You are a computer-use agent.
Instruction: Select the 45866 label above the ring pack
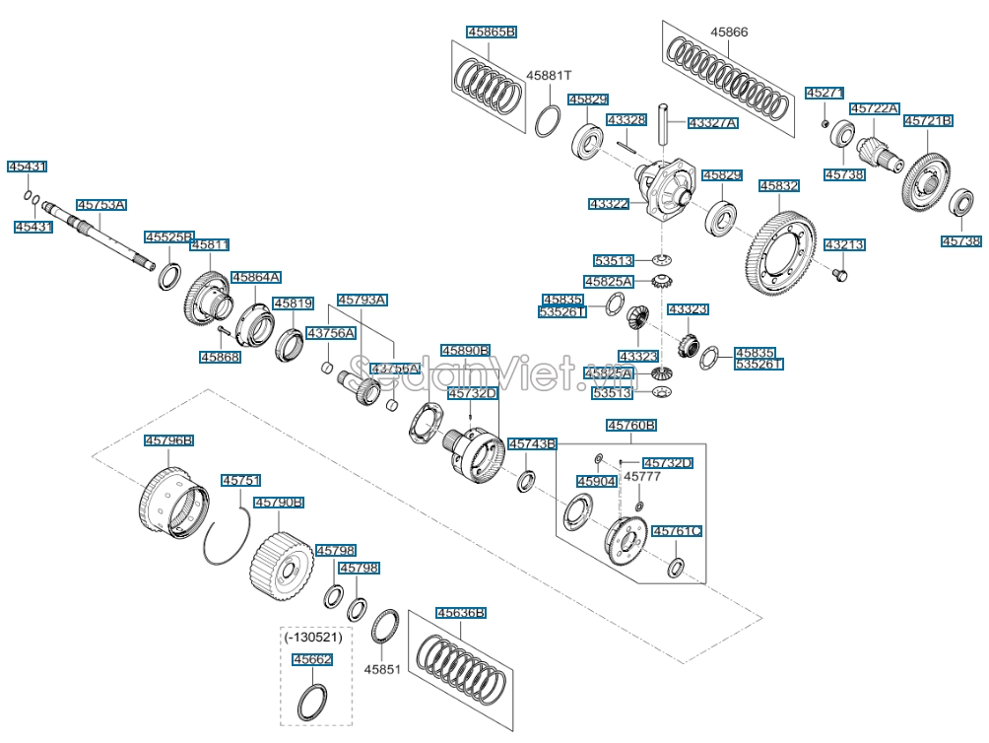point(729,32)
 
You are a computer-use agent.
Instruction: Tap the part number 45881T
point(549,75)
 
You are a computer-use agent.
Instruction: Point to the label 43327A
point(712,123)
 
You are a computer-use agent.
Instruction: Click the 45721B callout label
point(928,120)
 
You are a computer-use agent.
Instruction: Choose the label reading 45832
point(778,185)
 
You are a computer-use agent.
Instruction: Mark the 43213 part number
point(843,244)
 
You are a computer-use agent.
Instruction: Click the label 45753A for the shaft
point(101,205)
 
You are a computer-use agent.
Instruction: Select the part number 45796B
point(168,439)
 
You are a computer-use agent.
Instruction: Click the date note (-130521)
point(307,639)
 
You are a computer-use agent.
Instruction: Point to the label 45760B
point(631,426)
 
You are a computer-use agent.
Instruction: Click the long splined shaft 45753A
point(99,233)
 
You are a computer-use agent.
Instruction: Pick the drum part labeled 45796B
point(172,500)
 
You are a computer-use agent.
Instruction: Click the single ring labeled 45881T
point(549,123)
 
